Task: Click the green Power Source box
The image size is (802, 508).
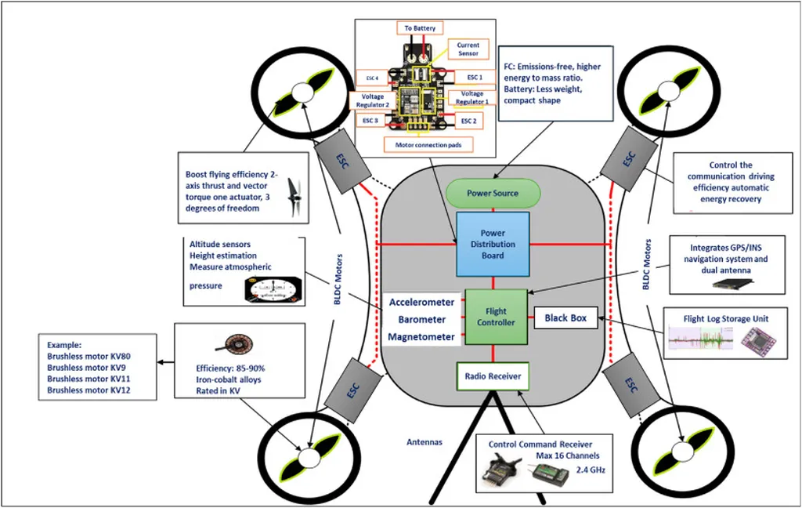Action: pos(493,193)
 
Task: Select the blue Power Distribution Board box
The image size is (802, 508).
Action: pos(493,243)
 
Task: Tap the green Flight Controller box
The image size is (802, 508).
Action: pos(497,317)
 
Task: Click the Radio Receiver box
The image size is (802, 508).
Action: pos(493,375)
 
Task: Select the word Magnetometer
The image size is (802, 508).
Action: pos(421,337)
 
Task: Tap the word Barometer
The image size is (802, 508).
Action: pos(421,320)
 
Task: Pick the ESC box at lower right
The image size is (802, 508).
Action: pos(631,384)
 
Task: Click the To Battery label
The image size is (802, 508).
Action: pos(420,28)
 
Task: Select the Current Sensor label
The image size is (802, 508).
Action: pos(468,49)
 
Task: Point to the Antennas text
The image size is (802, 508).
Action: pos(424,442)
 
